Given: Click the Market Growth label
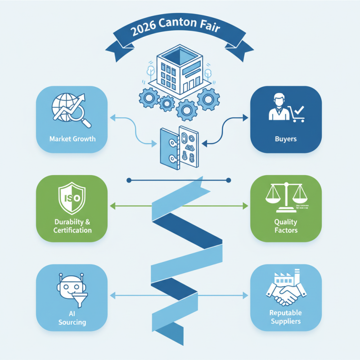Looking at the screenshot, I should click(72, 138).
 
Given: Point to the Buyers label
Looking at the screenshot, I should click(286, 139).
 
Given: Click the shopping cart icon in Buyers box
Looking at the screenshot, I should click(297, 113).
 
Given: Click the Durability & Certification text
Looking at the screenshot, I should click(72, 226).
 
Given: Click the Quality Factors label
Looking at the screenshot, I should click(286, 226).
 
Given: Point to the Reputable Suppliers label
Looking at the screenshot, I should click(286, 317).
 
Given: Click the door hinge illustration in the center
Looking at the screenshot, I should click(179, 147).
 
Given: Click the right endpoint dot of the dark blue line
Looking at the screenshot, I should click(229, 180).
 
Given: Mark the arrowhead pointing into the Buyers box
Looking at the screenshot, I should click(246, 117).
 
